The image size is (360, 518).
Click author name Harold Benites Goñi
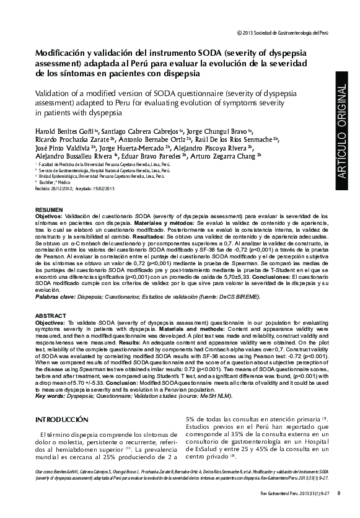61,133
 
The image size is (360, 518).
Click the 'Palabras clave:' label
56,297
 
